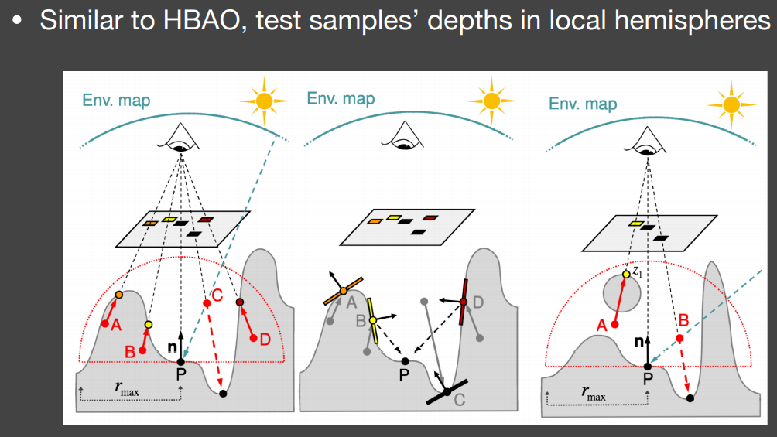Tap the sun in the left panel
(x=265, y=101)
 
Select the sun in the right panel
(x=731, y=105)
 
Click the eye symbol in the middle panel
(x=403, y=136)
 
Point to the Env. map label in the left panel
(x=116, y=100)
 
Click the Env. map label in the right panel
(x=583, y=104)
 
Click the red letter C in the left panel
(x=217, y=295)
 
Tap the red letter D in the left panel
(x=265, y=340)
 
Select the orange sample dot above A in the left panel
(x=119, y=295)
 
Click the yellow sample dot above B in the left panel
(x=149, y=325)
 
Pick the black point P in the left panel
(x=181, y=362)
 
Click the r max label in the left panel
(x=127, y=388)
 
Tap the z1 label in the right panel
(x=637, y=271)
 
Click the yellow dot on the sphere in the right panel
(x=626, y=274)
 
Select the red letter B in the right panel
(x=684, y=320)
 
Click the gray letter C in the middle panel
(x=460, y=400)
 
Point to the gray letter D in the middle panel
(x=478, y=302)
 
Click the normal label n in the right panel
(x=638, y=341)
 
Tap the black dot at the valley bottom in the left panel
(x=223, y=394)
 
